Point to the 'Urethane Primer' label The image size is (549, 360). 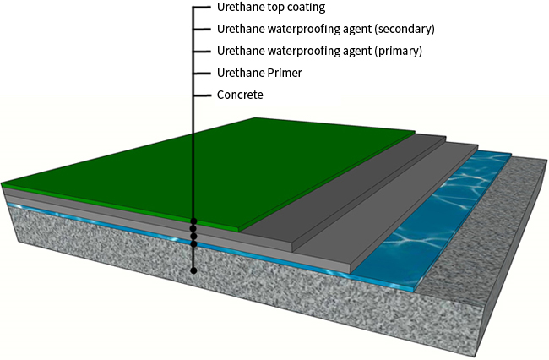tap(259, 74)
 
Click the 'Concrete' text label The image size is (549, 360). tap(240, 95)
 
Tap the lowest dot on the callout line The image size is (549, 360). tap(193, 270)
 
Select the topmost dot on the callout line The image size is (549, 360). tap(193, 221)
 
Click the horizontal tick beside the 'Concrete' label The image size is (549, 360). tap(203, 95)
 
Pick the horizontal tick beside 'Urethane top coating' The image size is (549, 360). tap(203, 8)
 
